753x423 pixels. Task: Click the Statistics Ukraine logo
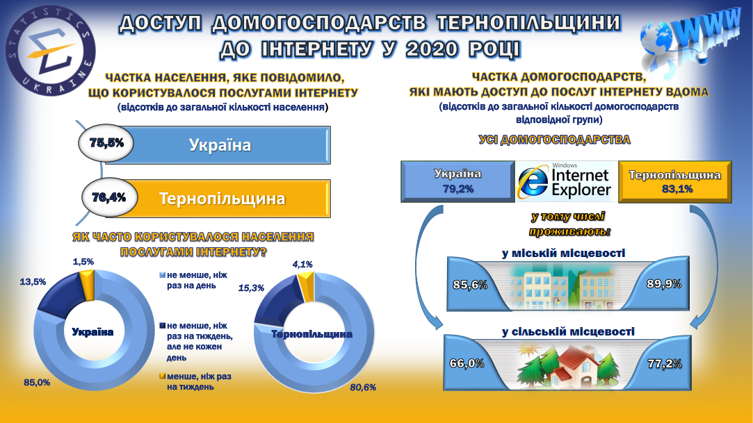(51, 50)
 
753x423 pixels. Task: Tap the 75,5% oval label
(106, 143)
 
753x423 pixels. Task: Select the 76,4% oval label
(109, 197)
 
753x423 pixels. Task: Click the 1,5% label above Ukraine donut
(83, 261)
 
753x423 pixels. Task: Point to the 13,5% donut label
(33, 281)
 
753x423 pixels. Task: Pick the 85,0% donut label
(37, 382)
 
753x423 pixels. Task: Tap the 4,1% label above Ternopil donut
(302, 264)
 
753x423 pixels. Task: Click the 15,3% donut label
(251, 288)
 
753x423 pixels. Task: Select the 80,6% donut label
(363, 387)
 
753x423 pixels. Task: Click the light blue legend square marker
(162, 275)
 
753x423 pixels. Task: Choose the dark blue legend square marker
(162, 326)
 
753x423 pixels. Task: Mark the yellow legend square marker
(162, 376)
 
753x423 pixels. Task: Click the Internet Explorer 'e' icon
(533, 182)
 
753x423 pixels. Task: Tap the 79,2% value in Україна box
(458, 189)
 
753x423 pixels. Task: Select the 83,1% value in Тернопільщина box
(677, 189)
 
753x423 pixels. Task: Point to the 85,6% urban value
(470, 285)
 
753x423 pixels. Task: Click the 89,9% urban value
(664, 284)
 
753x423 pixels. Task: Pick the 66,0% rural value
(467, 363)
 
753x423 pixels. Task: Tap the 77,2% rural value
(665, 364)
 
